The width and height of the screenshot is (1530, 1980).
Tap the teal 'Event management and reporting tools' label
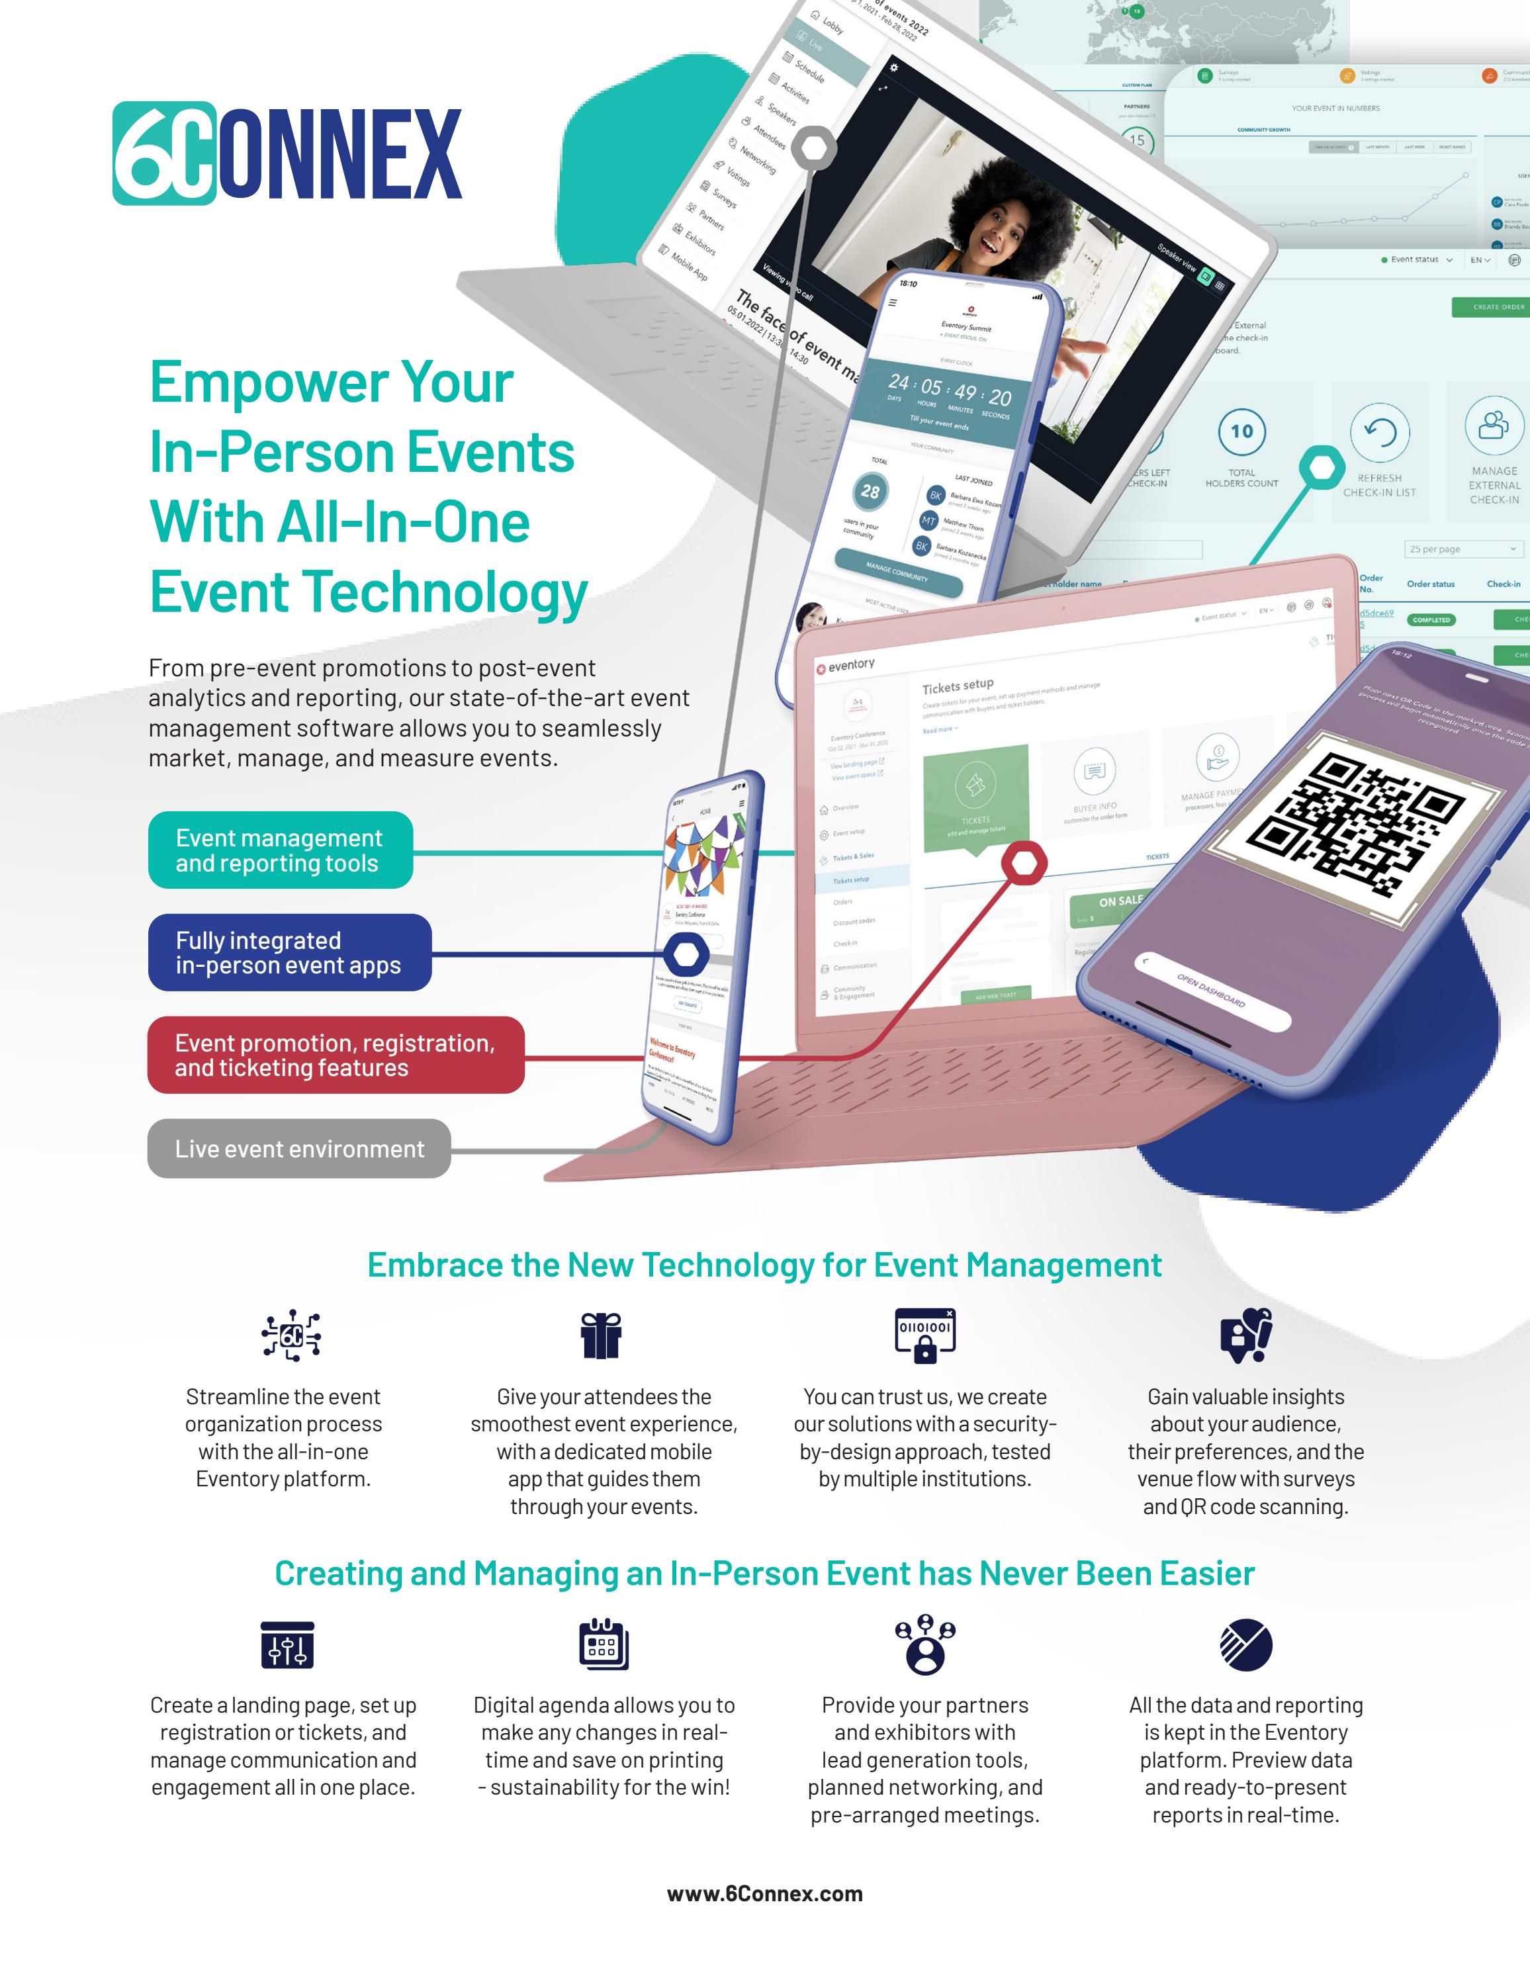click(280, 850)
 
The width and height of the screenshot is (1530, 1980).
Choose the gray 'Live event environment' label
click(299, 1149)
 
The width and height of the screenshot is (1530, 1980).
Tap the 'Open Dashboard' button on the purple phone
click(1211, 991)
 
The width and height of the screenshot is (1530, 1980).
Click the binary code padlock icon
click(924, 1335)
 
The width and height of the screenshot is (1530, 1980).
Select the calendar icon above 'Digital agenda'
click(604, 1644)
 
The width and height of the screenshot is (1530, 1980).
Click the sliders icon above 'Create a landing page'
click(287, 1644)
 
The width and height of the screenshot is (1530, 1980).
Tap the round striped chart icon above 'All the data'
click(1245, 1644)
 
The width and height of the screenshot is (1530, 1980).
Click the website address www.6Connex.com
click(764, 1894)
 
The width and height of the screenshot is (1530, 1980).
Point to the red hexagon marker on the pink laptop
click(1024, 862)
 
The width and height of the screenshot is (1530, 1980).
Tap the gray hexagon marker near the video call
click(813, 149)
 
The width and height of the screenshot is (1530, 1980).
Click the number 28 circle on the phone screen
click(870, 492)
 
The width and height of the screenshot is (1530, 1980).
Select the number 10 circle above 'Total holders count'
click(1241, 431)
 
